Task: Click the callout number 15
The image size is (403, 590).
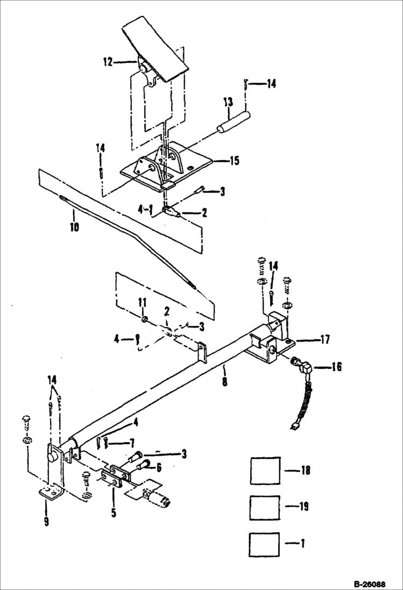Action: click(235, 161)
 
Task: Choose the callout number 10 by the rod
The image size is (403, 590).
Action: click(74, 228)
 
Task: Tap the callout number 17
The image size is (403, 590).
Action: click(324, 339)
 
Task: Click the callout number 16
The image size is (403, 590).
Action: click(336, 368)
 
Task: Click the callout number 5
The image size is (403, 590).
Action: click(114, 513)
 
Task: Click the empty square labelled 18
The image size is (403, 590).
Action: click(265, 471)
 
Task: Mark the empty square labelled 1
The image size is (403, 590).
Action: click(265, 544)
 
